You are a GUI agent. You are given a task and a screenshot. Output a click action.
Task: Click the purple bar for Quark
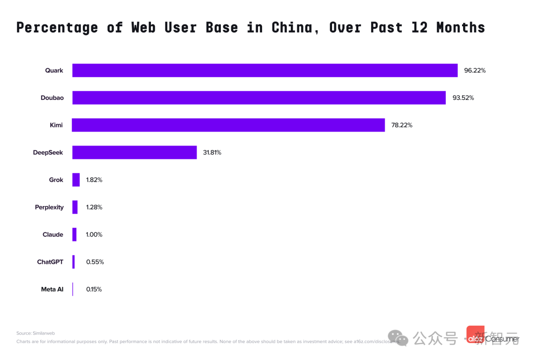click(x=265, y=71)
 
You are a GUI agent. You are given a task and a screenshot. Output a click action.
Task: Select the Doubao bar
click(x=259, y=98)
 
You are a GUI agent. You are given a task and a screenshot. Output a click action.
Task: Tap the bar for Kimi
click(x=228, y=125)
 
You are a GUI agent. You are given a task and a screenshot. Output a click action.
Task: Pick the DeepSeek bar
click(x=134, y=152)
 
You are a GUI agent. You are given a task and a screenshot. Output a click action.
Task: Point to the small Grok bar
click(x=76, y=180)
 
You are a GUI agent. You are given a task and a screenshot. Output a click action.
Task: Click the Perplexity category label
click(x=49, y=207)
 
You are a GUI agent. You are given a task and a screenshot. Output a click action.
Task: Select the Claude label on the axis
click(x=53, y=234)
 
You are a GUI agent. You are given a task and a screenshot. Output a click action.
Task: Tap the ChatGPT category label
click(x=50, y=262)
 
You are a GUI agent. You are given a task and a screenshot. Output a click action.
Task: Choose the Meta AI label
click(x=52, y=289)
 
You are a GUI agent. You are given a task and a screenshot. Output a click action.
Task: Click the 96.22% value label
click(x=474, y=71)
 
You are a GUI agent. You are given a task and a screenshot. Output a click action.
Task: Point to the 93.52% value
click(x=463, y=98)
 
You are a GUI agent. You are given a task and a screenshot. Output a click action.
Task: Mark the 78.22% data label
click(x=402, y=125)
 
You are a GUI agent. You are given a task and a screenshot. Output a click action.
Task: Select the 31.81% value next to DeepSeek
click(x=212, y=152)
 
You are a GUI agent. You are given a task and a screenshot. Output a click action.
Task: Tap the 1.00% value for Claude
click(x=94, y=234)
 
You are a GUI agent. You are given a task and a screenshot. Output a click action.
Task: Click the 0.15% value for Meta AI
click(x=94, y=289)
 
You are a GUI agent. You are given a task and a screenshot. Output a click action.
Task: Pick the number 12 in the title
click(x=419, y=27)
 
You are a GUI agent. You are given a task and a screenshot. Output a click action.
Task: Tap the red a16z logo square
click(x=475, y=335)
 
